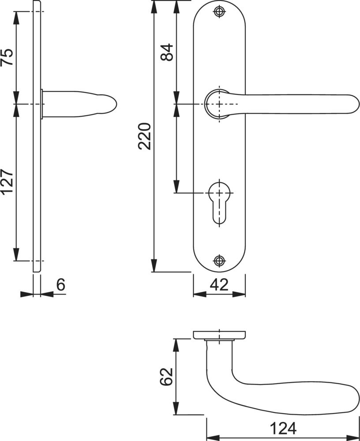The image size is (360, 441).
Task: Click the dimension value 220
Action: (x=145, y=136)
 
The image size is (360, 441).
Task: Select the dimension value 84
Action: (x=167, y=52)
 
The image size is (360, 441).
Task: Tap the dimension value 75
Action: (x=7, y=57)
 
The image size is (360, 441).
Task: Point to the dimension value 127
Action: (x=7, y=182)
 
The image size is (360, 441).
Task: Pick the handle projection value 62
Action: (x=166, y=377)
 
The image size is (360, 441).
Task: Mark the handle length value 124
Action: (x=283, y=429)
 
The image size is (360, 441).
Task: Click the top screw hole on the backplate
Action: (x=220, y=11)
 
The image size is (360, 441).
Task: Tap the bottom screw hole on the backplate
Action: (x=220, y=261)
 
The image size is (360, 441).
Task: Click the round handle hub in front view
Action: (x=217, y=104)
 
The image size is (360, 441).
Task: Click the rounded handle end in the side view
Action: (x=112, y=104)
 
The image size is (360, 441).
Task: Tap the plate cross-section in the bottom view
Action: (x=219, y=335)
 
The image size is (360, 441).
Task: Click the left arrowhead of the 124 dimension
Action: (x=213, y=438)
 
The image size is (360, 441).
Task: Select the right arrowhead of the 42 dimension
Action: (x=239, y=294)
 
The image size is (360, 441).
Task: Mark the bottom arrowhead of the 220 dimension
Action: (x=154, y=265)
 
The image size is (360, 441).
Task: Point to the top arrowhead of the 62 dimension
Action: (x=176, y=345)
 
